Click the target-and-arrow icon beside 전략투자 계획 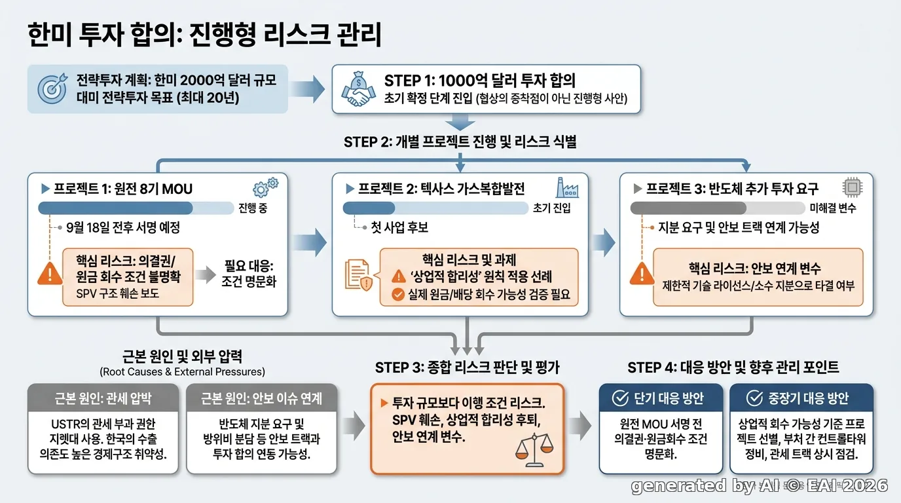[52, 88]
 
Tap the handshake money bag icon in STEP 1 [358, 89]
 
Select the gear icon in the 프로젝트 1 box [265, 187]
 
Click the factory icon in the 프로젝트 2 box [567, 187]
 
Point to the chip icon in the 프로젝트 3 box [852, 187]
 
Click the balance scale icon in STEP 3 [534, 450]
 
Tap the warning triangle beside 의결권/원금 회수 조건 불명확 [50, 274]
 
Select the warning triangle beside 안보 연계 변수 [642, 274]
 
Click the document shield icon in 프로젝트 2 [358, 274]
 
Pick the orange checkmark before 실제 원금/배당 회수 [398, 295]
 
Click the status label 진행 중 [253, 208]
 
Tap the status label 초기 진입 [551, 208]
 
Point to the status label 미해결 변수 [833, 208]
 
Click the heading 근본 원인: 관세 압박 [103, 398]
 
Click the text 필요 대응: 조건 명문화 [249, 274]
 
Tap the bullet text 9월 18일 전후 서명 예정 [123, 228]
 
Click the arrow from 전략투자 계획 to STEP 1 [307, 89]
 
